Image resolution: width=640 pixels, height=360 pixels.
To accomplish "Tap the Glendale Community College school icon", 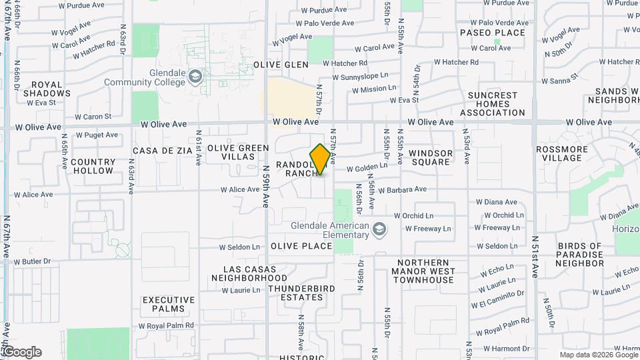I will [195, 76].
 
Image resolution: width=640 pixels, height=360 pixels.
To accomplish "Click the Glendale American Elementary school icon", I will [379, 229].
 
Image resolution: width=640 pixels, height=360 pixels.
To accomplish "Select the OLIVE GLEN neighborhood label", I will [281, 65].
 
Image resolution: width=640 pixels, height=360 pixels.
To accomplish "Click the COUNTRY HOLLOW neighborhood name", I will [93, 166].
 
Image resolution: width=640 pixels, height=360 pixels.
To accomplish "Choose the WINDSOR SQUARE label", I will [431, 158].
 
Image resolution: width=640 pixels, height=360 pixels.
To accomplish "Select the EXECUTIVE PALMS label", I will [169, 305].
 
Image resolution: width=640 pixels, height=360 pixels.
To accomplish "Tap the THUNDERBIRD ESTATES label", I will [296, 293].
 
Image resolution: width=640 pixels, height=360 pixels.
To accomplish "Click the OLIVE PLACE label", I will [301, 246].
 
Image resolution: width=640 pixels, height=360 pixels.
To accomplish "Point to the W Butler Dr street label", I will [32, 261].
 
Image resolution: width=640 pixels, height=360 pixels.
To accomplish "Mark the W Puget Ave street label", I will [97, 135].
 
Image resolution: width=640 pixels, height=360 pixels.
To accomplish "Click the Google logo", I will [22, 352].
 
